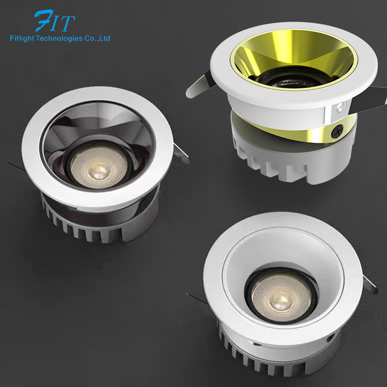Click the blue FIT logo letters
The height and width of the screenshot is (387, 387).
click(55, 21)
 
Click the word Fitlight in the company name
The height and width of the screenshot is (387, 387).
click(22, 39)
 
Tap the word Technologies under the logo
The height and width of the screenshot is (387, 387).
click(59, 39)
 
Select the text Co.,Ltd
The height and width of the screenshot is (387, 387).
click(97, 38)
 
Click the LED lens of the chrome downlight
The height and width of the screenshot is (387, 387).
click(99, 167)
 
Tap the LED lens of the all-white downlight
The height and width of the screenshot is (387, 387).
click(281, 298)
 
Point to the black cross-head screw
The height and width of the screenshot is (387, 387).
click(337, 131)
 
